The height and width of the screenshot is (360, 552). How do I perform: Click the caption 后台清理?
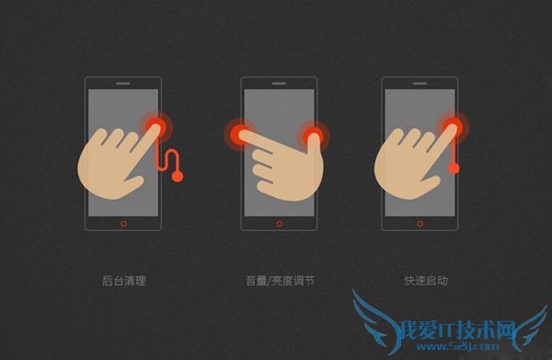[124, 281]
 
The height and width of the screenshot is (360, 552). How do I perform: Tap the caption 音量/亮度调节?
[280, 281]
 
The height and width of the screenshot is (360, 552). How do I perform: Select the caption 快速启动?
[426, 281]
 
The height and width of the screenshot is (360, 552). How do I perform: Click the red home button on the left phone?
[123, 224]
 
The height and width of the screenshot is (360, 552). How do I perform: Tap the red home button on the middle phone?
[280, 224]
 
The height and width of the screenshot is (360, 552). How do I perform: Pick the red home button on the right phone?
[420, 224]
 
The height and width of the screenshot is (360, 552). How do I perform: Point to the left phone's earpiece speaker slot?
[123, 84]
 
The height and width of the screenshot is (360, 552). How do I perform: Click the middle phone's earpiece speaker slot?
[279, 84]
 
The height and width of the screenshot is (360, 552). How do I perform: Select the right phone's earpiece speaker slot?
[420, 84]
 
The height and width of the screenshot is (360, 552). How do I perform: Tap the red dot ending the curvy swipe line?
[178, 176]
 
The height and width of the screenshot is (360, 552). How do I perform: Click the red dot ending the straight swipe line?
[454, 168]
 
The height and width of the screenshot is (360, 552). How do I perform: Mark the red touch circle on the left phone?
[156, 127]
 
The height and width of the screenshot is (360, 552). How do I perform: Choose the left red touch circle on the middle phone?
[240, 134]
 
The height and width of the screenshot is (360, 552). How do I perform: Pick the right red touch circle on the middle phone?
[313, 136]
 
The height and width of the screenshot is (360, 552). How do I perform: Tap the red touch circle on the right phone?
[453, 127]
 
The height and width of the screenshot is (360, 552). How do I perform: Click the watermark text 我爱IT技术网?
[457, 330]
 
